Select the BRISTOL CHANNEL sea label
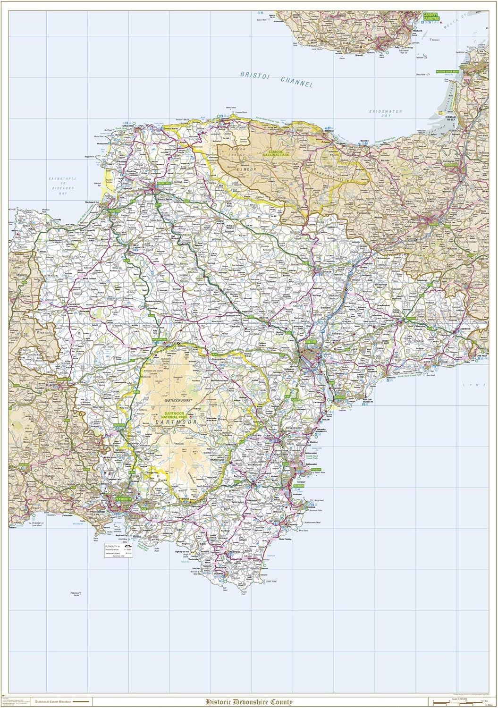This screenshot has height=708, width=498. click(276, 79)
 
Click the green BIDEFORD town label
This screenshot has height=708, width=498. click(115, 211)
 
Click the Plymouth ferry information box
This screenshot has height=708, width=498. click(118, 549)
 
